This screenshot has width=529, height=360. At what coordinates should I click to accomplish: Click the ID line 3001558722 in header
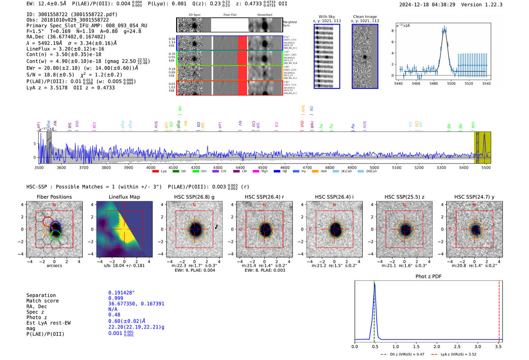tap(72, 14)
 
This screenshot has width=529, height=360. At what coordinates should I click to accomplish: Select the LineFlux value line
tap(65, 49)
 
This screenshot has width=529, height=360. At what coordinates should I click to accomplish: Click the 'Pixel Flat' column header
tap(230, 15)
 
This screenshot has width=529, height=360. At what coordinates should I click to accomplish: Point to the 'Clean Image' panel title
tap(365, 17)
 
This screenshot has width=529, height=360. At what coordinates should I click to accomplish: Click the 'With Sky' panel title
tap(326, 17)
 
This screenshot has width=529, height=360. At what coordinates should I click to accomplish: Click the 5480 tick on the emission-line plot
tap(433, 83)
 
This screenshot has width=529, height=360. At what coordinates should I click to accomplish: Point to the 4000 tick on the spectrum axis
tap(151, 167)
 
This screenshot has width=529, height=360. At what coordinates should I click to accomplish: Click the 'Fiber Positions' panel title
tap(54, 197)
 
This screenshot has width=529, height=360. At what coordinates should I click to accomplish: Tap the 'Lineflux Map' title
tap(124, 197)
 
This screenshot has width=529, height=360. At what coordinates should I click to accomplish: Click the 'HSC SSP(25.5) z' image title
tap(404, 197)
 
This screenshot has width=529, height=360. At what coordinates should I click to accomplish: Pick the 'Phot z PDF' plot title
tap(428, 277)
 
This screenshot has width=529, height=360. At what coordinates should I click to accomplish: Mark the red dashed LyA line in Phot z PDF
tap(499, 310)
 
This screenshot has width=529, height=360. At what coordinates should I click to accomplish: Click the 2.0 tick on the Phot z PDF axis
tap(437, 346)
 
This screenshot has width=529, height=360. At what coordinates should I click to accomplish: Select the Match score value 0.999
tap(116, 298)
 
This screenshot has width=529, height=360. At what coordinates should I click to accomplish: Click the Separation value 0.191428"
tap(121, 293)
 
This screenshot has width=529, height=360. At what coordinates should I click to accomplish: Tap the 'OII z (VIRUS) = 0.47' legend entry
tap(402, 354)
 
